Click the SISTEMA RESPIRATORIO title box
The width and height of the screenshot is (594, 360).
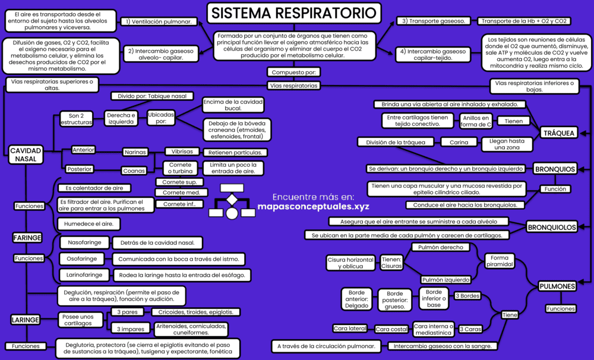coord(294,13)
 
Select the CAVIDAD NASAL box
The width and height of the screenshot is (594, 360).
coord(26,154)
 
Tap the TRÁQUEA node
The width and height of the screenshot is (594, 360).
coord(558,133)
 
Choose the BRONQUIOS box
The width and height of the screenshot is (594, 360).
coord(555,169)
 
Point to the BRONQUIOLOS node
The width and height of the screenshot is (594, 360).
coord(552,227)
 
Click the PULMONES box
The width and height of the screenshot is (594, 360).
coord(557,286)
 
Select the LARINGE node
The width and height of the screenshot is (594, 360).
coord(26,320)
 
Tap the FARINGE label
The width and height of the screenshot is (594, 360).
coord(27,238)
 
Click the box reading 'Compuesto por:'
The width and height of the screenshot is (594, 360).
coord(294,72)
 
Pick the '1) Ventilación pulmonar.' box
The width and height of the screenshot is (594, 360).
coord(160,21)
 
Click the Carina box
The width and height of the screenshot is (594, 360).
coord(459,142)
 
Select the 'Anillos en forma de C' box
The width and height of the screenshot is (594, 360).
coord(476,121)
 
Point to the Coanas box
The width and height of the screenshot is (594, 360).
coord(134,170)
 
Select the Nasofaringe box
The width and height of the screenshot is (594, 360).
coord(84,242)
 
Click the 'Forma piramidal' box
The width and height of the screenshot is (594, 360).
coord(500,261)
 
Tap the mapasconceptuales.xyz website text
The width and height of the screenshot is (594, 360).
coord(313,207)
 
